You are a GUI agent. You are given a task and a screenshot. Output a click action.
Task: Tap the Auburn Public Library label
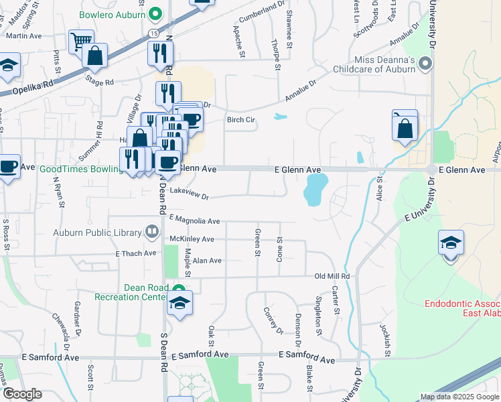tap(98, 233)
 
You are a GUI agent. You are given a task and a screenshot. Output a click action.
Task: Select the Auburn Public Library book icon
tap(153, 232)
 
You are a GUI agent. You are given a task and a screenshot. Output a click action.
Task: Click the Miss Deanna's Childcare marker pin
tap(425, 64)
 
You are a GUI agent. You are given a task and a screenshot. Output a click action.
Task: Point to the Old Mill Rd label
tap(333, 276)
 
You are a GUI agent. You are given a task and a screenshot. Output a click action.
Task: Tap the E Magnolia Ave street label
tap(195, 220)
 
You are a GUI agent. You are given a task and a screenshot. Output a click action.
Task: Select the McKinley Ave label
tap(192, 239)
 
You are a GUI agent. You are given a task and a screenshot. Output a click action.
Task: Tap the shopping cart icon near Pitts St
tap(81, 42)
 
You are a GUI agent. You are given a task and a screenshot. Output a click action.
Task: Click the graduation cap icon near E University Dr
tap(451, 243)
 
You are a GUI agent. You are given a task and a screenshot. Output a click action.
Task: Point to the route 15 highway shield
tap(154, 32)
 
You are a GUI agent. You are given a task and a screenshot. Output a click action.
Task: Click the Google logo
tap(22, 394)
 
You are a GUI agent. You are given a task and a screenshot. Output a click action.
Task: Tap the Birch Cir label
tap(242, 120)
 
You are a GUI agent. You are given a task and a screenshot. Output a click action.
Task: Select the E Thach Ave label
tap(135, 253)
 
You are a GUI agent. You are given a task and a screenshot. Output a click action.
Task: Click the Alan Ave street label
tap(206, 260)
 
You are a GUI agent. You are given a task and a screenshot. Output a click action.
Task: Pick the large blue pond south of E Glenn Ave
tap(315, 189)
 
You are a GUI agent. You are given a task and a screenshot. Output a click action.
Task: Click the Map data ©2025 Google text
tap(459, 397)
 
